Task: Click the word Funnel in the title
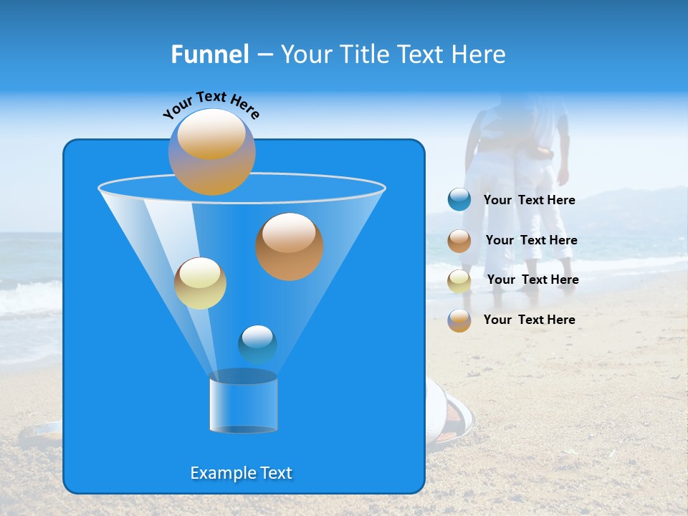(209, 54)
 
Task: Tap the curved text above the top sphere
(211, 105)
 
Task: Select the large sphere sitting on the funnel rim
(211, 152)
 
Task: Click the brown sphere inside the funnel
(289, 246)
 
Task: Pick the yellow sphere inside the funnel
(200, 283)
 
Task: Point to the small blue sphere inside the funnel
(257, 344)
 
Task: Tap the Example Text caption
(241, 473)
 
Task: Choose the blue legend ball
(459, 200)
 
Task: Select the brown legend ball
(459, 241)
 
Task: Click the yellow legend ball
(459, 280)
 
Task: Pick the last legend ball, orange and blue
(459, 320)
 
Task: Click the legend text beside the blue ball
(529, 201)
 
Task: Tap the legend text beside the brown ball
(531, 241)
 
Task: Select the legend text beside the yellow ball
(532, 280)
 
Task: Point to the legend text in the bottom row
(529, 320)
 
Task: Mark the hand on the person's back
(543, 151)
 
